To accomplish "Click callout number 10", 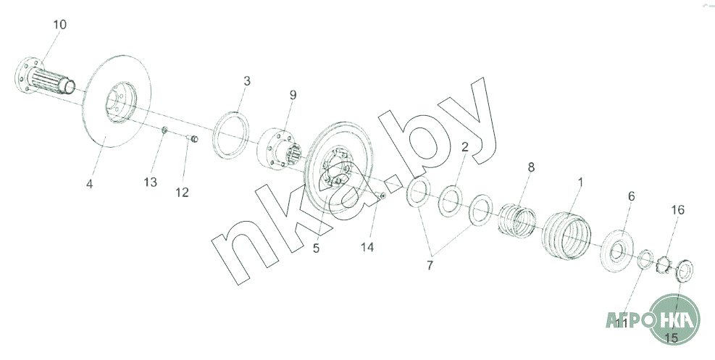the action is coord(59,25).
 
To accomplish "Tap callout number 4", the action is coord(89,184).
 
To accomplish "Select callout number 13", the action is coord(151,183).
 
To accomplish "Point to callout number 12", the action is coord(182,192).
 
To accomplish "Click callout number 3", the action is coord(247,81).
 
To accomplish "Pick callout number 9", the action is coord(293,95).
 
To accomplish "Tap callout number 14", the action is coord(367,247).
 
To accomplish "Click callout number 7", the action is coord(430,265).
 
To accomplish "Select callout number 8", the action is coord(531,167).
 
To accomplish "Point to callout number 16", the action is coord(677,209).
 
